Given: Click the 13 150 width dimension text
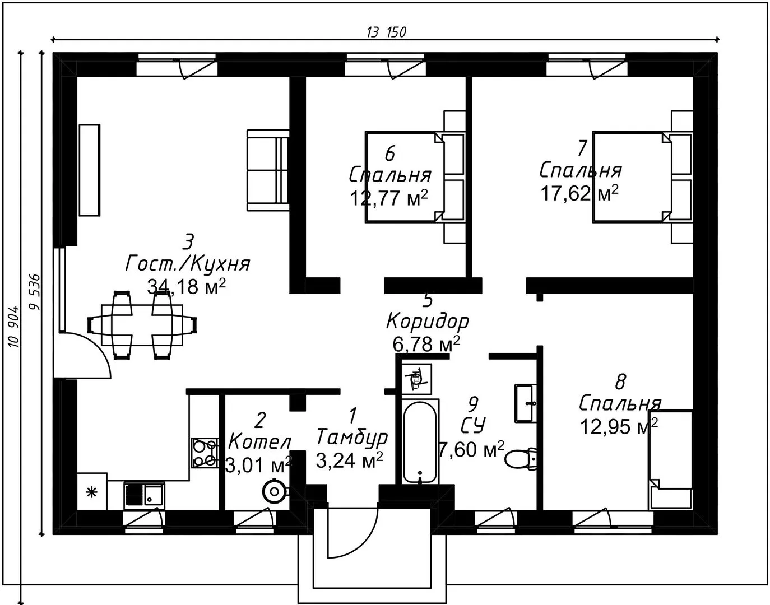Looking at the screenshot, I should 386,32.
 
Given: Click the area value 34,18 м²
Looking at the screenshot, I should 186,287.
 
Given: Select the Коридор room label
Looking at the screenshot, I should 428,322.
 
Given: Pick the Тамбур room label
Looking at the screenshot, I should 352,436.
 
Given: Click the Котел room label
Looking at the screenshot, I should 259,441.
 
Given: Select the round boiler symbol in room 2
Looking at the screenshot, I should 275,492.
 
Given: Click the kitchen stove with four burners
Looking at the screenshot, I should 204,453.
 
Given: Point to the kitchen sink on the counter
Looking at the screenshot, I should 144,495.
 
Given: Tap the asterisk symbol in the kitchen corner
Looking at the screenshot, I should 91,492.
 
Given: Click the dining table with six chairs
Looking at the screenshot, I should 142,324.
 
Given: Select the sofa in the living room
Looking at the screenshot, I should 268,170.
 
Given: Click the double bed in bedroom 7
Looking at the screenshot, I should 633,177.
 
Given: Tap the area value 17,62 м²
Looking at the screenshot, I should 579,193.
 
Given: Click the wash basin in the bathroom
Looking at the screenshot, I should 526,402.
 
